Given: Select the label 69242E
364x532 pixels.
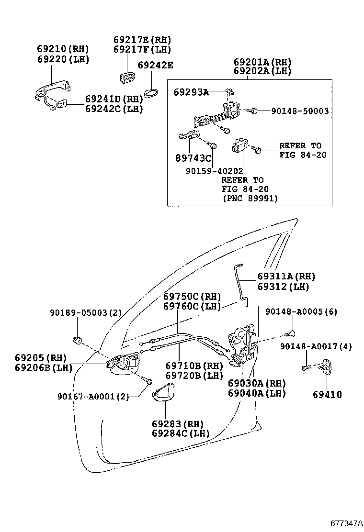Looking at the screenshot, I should coord(155,66).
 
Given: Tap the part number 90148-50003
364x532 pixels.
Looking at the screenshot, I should coord(300,111).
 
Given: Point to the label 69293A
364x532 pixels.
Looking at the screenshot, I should coord(191,93).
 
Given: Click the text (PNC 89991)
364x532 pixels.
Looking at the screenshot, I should coord(250,198).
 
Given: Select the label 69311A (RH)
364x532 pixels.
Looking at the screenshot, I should coord(286,277).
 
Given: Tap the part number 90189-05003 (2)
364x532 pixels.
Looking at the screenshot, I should coord(86,313).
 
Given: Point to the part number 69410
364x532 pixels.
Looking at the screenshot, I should coord(328,395).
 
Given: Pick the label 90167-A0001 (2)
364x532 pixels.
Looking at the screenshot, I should coord(92,396).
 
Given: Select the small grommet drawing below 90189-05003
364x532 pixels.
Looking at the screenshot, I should coord(77,340).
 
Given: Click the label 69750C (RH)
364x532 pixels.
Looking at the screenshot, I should coord(192,296).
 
